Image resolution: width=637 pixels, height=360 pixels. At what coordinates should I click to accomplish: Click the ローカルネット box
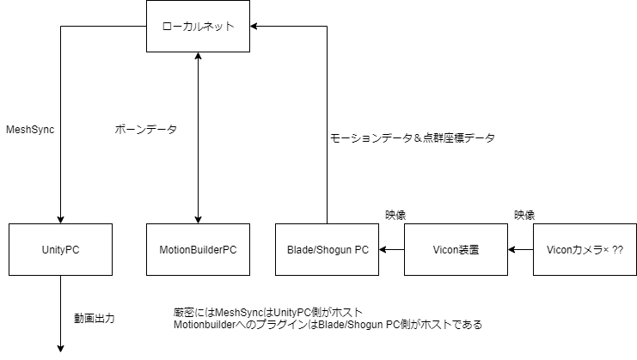tap(198, 26)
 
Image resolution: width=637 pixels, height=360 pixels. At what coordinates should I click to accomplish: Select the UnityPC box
tap(60, 249)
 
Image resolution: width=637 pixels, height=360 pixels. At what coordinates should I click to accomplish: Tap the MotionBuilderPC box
tap(198, 249)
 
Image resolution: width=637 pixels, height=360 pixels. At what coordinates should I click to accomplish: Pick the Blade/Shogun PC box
tap(327, 249)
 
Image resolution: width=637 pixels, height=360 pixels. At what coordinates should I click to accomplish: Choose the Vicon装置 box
tap(456, 249)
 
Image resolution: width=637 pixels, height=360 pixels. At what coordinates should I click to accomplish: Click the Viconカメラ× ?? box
tap(585, 249)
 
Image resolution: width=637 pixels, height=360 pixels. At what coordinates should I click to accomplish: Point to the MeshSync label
tap(31, 129)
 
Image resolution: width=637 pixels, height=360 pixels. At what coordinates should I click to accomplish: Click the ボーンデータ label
tap(145, 129)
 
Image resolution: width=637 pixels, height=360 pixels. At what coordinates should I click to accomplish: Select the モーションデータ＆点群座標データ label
tap(413, 137)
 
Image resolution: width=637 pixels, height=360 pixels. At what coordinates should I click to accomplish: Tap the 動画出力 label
tap(94, 318)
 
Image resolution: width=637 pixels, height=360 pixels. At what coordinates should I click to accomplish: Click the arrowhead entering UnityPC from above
tap(60, 218)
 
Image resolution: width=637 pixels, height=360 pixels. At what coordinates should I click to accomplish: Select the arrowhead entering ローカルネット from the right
tap(255, 26)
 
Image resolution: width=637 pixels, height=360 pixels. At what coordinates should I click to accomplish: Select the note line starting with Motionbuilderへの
tap(327, 325)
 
